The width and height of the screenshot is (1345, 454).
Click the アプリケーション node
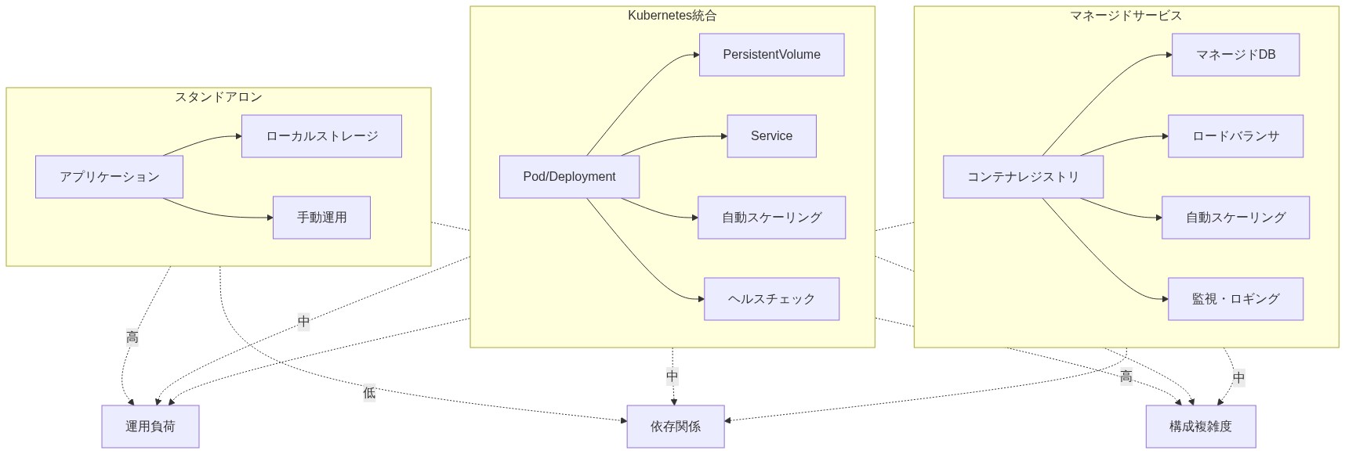[x=109, y=177]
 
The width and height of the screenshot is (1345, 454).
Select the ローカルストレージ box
[x=321, y=136]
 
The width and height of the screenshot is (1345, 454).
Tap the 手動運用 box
[x=321, y=218]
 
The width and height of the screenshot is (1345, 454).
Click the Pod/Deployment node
[x=569, y=177]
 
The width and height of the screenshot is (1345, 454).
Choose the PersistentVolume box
[x=771, y=55]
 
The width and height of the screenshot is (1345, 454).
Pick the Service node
[x=771, y=136]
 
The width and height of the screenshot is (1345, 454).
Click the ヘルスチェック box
[x=771, y=299]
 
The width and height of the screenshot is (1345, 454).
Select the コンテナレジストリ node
[x=1023, y=177]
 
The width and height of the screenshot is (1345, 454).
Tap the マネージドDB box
[x=1235, y=55]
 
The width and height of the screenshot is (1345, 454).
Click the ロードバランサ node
[x=1235, y=136]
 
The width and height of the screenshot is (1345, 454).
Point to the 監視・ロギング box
[x=1235, y=299]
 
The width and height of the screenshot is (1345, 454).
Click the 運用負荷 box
[x=150, y=427]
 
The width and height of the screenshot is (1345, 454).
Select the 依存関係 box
[x=675, y=427]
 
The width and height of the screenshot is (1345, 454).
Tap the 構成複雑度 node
[x=1200, y=427]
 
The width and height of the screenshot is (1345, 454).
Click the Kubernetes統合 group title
[x=672, y=16]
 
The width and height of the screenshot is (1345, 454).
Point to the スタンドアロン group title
[x=218, y=97]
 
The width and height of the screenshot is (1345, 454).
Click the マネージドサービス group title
[x=1126, y=16]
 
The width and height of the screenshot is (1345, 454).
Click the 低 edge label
[x=369, y=393]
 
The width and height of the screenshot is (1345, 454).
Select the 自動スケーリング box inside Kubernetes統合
[x=771, y=218]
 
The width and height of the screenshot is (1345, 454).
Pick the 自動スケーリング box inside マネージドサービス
[x=1235, y=218]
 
